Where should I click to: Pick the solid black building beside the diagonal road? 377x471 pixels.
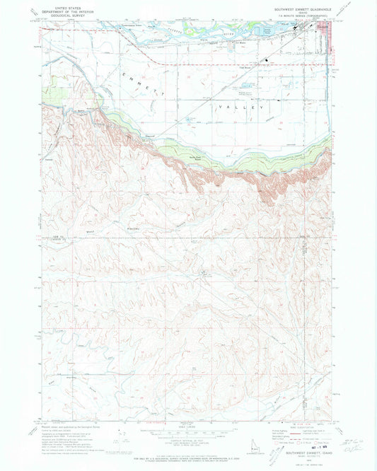267,59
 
